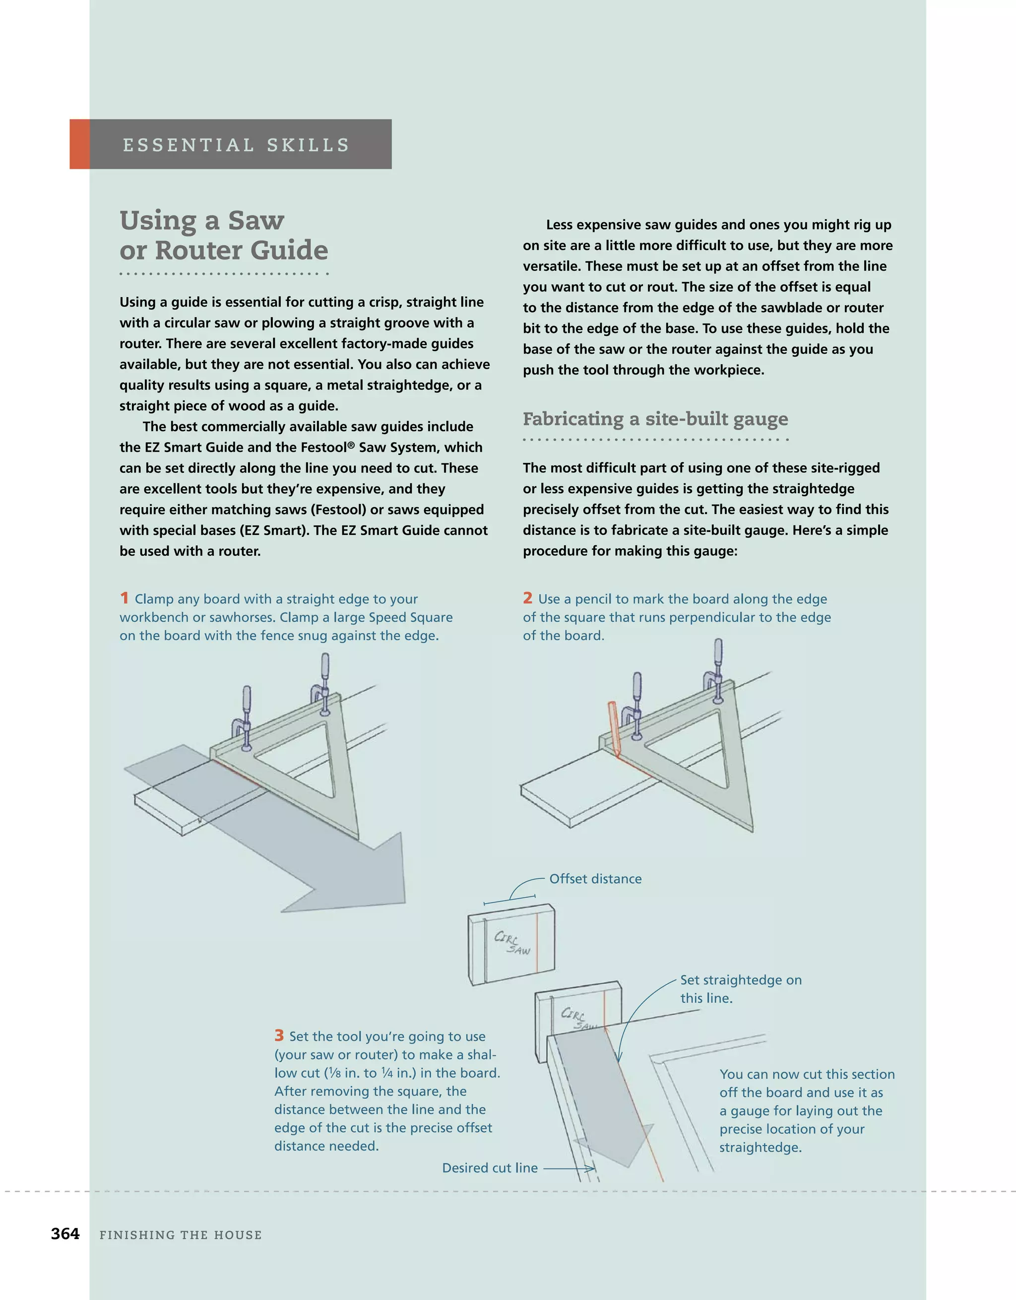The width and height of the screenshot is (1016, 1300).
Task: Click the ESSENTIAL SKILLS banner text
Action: [236, 145]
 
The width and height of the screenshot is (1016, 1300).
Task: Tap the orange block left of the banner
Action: [80, 144]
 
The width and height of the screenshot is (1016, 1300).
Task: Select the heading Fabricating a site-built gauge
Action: [655, 419]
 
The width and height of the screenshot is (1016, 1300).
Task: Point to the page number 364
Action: [65, 1234]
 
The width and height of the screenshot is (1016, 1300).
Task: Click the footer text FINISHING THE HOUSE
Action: [181, 1235]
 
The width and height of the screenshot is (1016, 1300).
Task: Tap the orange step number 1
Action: [124, 597]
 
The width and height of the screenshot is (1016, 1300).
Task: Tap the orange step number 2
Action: [527, 597]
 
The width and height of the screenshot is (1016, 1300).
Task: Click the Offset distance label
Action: [595, 879]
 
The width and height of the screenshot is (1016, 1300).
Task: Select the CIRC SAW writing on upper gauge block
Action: [512, 943]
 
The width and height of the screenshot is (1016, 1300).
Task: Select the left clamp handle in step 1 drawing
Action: [247, 703]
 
